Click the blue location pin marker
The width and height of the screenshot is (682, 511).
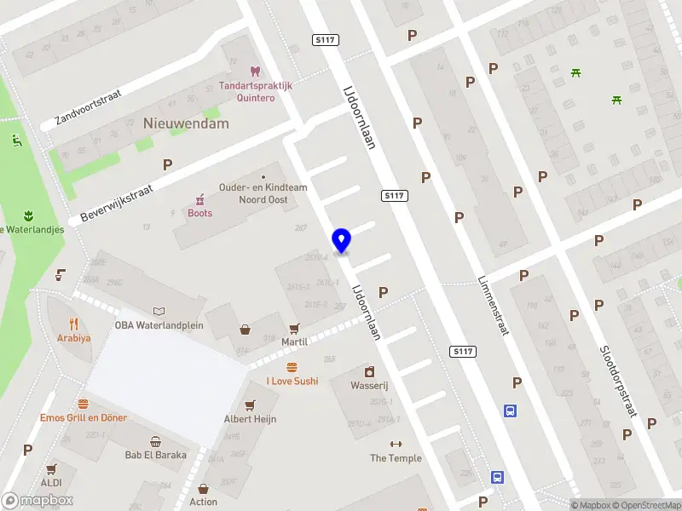click(x=342, y=241)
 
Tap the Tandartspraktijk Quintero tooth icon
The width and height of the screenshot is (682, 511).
click(x=253, y=72)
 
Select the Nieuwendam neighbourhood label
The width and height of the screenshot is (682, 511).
click(x=186, y=123)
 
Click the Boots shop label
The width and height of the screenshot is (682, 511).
click(x=199, y=213)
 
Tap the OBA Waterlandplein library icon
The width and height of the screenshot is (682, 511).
click(x=158, y=311)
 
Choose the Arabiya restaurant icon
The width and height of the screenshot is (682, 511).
click(x=74, y=324)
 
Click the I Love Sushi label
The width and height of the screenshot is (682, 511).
click(x=292, y=381)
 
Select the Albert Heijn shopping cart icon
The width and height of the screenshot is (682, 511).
click(x=250, y=405)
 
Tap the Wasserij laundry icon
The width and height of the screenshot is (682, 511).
click(x=369, y=371)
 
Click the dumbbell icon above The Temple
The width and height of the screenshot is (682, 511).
click(x=396, y=445)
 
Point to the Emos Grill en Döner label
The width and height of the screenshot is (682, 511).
click(x=84, y=417)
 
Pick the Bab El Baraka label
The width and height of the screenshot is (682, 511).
click(x=155, y=455)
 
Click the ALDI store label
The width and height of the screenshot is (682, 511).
click(x=50, y=482)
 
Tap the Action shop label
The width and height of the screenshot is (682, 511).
click(x=203, y=502)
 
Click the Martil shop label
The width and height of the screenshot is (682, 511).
click(x=294, y=341)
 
